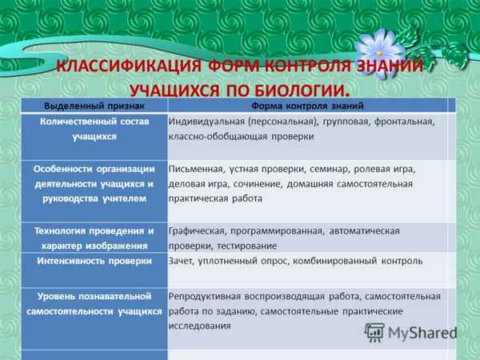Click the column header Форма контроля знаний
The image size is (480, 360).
pos(308,106)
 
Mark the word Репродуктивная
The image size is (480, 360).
pos(205,295)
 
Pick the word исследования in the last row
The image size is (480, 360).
pos(200,326)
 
